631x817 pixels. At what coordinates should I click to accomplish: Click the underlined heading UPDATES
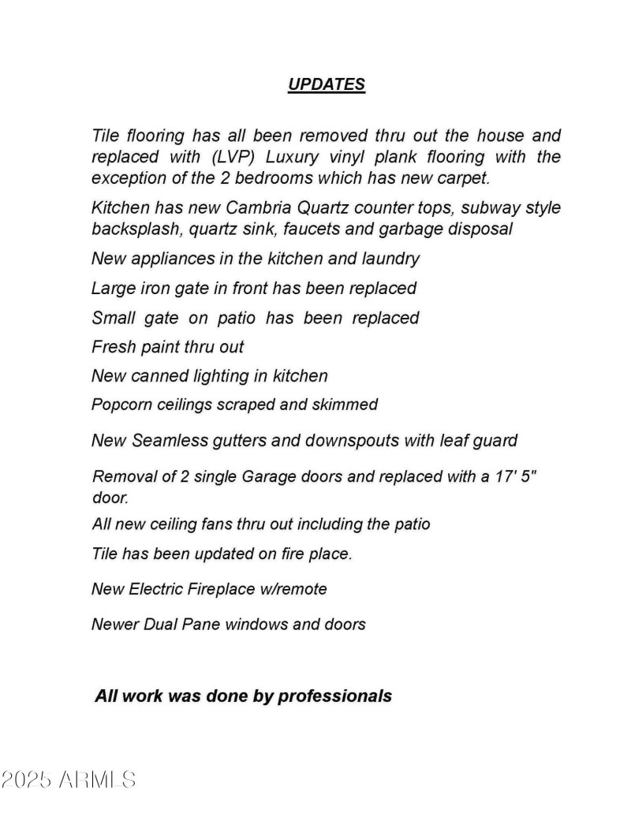coord(326,85)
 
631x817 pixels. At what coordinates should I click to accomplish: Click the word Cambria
coord(259,208)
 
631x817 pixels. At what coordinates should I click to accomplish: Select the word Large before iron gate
coord(114,289)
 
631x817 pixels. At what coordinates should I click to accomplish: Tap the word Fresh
coord(114,347)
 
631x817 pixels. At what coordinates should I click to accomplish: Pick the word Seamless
coord(166,440)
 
